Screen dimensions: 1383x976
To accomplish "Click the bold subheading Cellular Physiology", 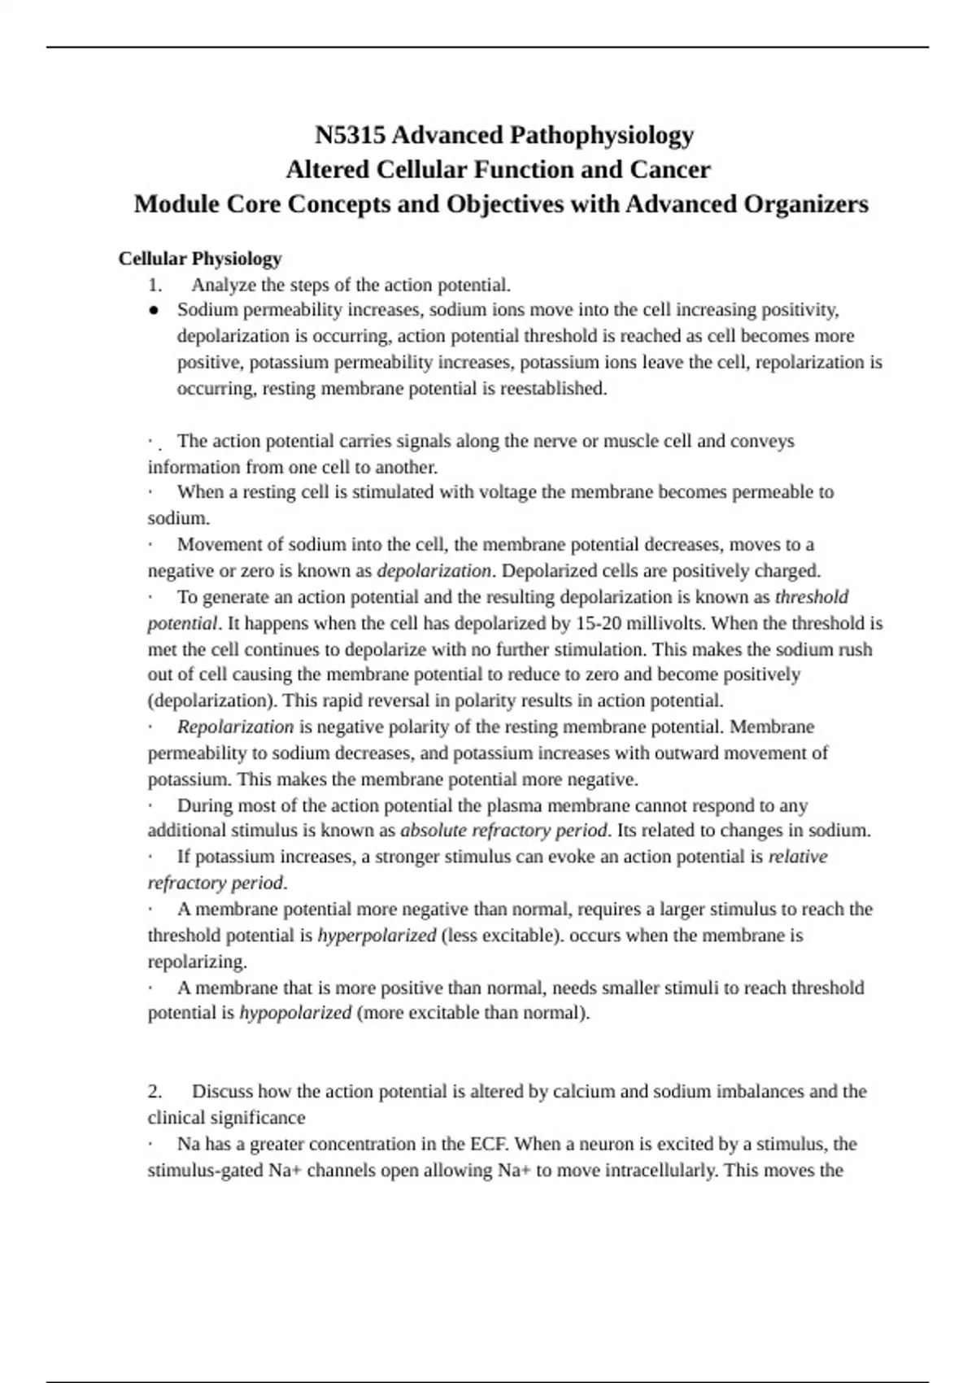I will coord(200,259).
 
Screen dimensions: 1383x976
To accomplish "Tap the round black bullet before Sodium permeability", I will coord(153,310).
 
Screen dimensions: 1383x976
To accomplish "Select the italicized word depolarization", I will coord(434,570).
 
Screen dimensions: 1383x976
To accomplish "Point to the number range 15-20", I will coord(598,623).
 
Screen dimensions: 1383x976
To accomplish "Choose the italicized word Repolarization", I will coord(235,726).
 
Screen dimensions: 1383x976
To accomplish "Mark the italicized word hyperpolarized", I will coord(377,936).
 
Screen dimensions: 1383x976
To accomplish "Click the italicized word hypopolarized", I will coord(295,1013).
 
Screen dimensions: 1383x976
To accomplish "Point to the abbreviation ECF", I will coord(490,1144).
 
